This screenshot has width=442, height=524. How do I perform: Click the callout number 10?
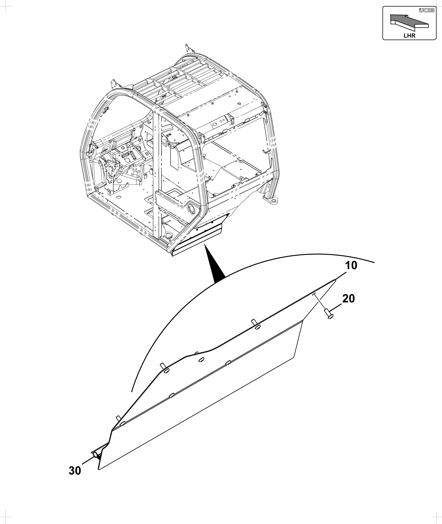point(351,265)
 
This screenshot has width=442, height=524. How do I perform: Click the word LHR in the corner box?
point(409,36)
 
